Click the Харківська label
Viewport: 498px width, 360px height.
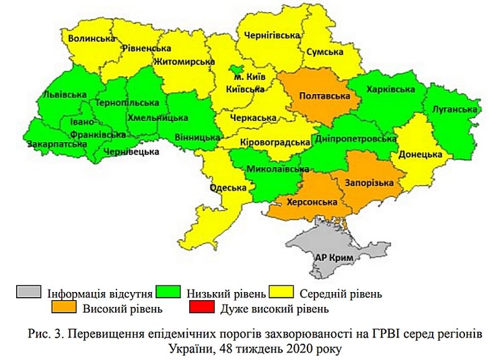[390, 89]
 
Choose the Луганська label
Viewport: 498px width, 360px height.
[456, 108]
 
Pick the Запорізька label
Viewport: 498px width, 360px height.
[365, 183]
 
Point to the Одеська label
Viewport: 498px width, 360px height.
[229, 188]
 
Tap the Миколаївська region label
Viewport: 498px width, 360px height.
[273, 169]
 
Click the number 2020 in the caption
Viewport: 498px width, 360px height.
[295, 349]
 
